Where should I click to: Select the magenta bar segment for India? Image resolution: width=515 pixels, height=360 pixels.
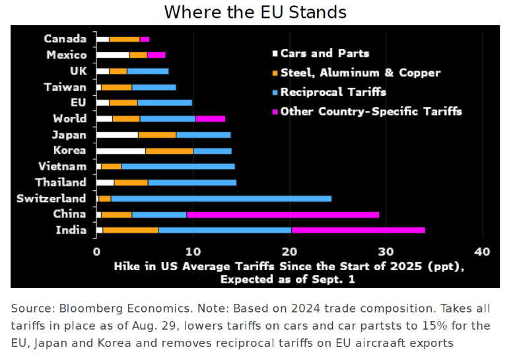358,230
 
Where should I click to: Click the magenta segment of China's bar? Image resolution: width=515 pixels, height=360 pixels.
283,214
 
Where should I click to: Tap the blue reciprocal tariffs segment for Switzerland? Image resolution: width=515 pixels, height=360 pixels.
221,198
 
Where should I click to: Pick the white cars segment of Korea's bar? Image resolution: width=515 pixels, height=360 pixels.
121,151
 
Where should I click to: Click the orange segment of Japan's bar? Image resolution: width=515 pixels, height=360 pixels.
157,135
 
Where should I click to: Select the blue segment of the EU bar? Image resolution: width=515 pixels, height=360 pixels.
164,102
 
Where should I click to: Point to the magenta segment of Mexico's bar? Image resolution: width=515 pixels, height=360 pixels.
156,55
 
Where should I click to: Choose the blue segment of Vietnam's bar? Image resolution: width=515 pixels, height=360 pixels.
178,166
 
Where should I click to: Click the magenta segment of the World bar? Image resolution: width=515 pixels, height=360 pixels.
211,119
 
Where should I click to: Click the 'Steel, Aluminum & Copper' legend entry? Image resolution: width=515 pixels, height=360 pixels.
360,73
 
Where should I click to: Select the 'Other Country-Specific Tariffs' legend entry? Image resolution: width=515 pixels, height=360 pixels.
370,111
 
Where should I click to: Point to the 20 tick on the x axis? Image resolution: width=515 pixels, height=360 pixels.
289,252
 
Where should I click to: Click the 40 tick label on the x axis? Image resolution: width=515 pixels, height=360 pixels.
482,252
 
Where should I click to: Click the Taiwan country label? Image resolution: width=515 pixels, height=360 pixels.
65,87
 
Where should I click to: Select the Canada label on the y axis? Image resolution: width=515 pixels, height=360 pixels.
65,39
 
